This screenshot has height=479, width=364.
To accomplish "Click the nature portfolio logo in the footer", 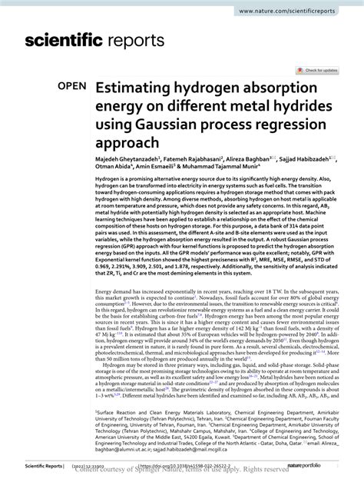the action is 323,464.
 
